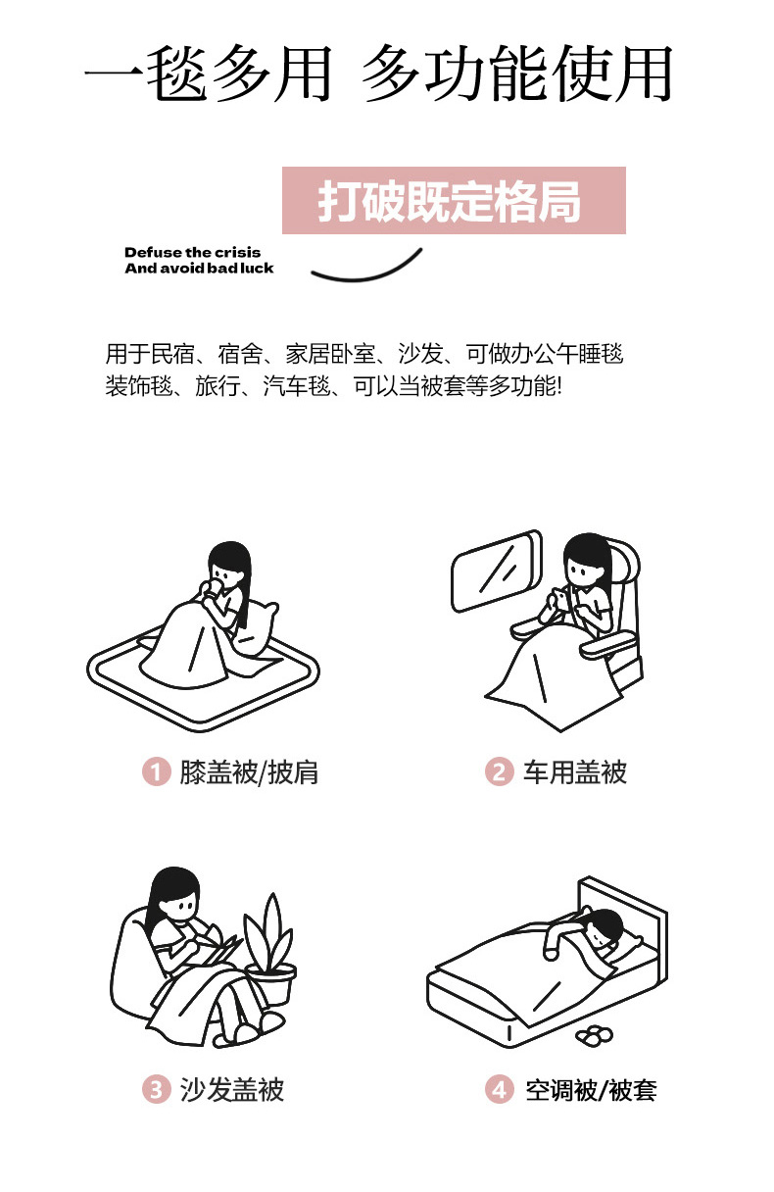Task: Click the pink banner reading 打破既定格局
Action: pos(454,200)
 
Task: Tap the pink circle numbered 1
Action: pos(157,771)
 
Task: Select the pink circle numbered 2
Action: pos(499,771)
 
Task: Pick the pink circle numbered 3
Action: pos(157,1089)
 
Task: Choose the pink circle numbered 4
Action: pos(499,1089)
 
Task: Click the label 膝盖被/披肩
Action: pos(249,772)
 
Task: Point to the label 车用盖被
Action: pos(575,771)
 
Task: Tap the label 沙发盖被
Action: pos(232,1089)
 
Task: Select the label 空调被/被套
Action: pos(591,1090)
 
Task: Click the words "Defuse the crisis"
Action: pos(193,252)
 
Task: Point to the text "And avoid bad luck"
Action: pos(199,268)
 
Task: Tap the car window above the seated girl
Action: pos(496,571)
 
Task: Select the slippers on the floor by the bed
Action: pos(595,1035)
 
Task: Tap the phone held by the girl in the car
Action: pos(559,598)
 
